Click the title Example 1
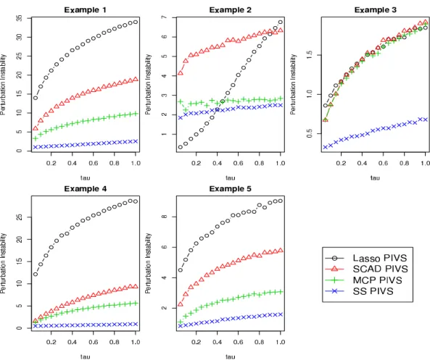85,10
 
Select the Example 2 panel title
230,10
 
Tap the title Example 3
375,10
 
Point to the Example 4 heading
85,189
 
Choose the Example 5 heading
230,189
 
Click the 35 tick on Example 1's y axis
19,18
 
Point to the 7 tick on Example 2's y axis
164,17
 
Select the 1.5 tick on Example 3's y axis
309,55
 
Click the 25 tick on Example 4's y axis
19,217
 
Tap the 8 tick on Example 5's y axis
164,217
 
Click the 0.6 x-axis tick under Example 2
238,163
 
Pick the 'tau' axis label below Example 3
375,177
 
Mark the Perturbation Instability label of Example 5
148,263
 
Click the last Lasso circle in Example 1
136,22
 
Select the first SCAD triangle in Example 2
181,73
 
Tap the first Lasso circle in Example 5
181,270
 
